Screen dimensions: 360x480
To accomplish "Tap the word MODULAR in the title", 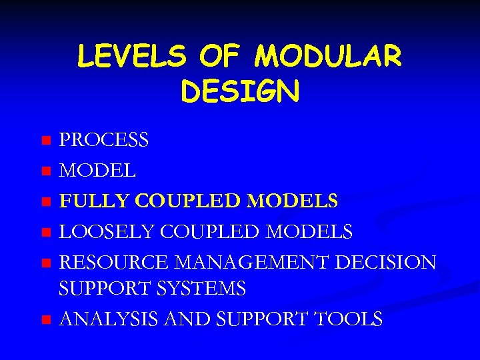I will (x=327, y=57).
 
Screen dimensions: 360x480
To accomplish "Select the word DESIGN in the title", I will (x=240, y=92).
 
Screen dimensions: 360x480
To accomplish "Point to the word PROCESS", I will (x=104, y=141).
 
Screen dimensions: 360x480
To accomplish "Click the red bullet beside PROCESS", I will (x=45, y=141).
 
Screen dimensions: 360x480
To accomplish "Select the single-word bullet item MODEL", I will (x=98, y=171).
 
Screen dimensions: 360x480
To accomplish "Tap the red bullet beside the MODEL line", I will (x=45, y=171).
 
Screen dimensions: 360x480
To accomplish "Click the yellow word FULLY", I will (x=93, y=201).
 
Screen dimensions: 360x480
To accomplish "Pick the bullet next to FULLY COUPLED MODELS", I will (x=45, y=201).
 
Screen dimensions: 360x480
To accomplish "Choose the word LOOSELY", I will (x=104, y=232).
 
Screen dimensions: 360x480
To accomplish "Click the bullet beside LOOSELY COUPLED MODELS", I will (x=45, y=232).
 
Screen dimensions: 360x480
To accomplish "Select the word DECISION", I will (x=386, y=262).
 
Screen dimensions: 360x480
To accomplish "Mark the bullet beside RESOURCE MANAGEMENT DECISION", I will (x=45, y=262).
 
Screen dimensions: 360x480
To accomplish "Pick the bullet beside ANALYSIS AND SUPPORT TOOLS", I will (x=45, y=319).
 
